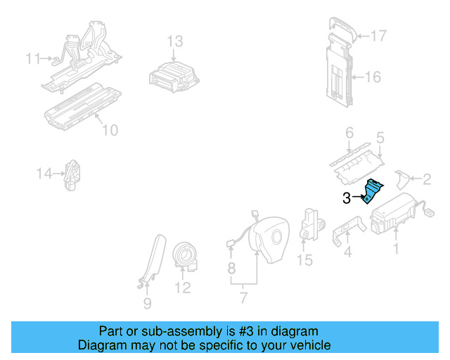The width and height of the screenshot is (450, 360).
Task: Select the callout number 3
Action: click(346, 199)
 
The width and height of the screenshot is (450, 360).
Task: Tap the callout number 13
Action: click(174, 41)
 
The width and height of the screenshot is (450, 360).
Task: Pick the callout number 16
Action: click(373, 77)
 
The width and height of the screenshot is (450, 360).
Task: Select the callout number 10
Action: click(110, 130)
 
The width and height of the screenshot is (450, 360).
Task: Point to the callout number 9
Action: click(147, 303)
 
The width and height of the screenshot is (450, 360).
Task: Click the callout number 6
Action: click(349, 132)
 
